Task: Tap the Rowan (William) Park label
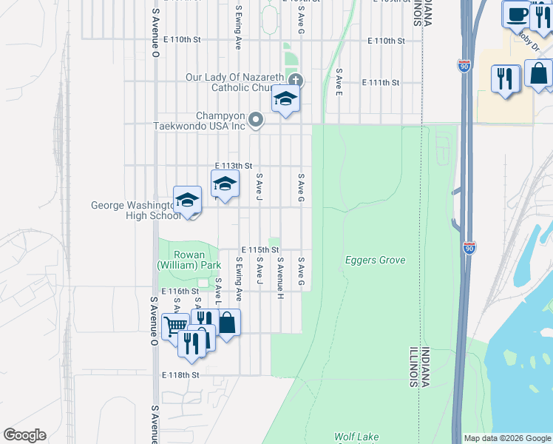pyautogui.click(x=189, y=260)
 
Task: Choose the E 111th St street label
pyautogui.click(x=384, y=83)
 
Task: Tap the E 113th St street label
pyautogui.click(x=234, y=166)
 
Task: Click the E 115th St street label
pyautogui.click(x=259, y=251)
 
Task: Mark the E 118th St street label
pyautogui.click(x=181, y=375)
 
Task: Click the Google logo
pyautogui.click(x=24, y=435)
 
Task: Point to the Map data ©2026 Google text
pyautogui.click(x=506, y=438)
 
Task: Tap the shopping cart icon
pyautogui.click(x=175, y=325)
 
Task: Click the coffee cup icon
pyautogui.click(x=516, y=14)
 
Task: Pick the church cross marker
pyautogui.click(x=296, y=80)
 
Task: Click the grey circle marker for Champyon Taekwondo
pyautogui.click(x=256, y=118)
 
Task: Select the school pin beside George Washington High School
pyautogui.click(x=188, y=200)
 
